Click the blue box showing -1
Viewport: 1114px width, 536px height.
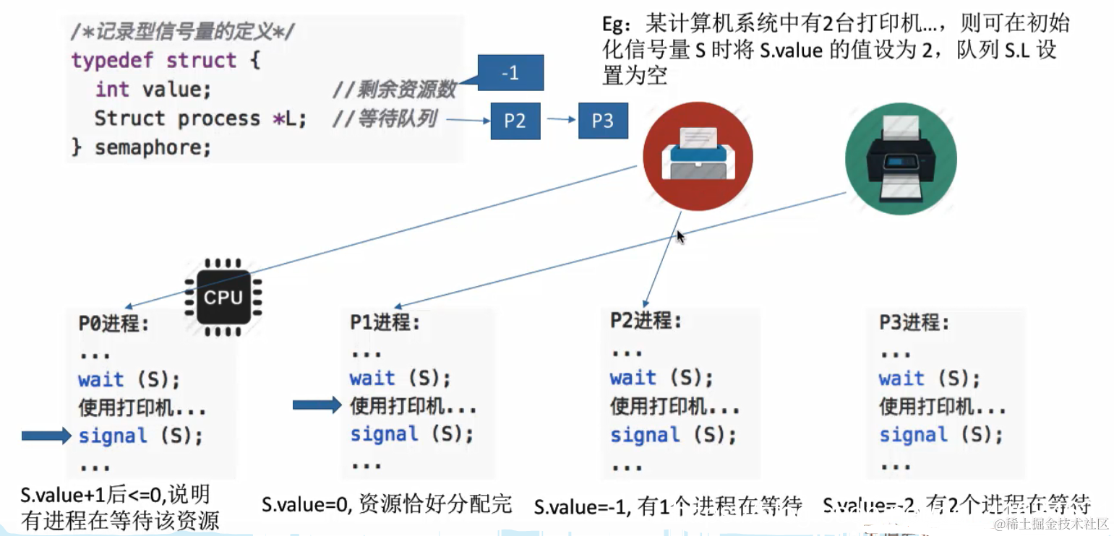(x=510, y=74)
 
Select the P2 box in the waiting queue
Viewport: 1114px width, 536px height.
(x=515, y=121)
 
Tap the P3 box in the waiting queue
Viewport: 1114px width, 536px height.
(x=602, y=121)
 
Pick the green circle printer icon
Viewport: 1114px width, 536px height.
(x=900, y=159)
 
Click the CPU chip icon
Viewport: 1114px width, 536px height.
(x=223, y=297)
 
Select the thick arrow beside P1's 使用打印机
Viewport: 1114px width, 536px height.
(x=317, y=405)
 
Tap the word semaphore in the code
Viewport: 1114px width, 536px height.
(x=153, y=147)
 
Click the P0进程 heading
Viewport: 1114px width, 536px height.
(x=114, y=323)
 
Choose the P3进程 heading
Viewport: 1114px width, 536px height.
(x=914, y=322)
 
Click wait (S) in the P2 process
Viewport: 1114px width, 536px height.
(x=661, y=377)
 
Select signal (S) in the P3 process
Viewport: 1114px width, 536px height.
(x=941, y=435)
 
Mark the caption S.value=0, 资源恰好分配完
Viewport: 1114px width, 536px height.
(x=387, y=503)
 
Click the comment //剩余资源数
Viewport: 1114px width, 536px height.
(x=394, y=89)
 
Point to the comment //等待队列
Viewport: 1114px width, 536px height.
(x=384, y=118)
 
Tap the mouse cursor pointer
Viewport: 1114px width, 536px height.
(x=680, y=236)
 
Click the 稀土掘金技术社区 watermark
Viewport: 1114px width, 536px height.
(x=1051, y=523)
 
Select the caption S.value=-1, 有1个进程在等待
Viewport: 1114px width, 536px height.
(x=668, y=506)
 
